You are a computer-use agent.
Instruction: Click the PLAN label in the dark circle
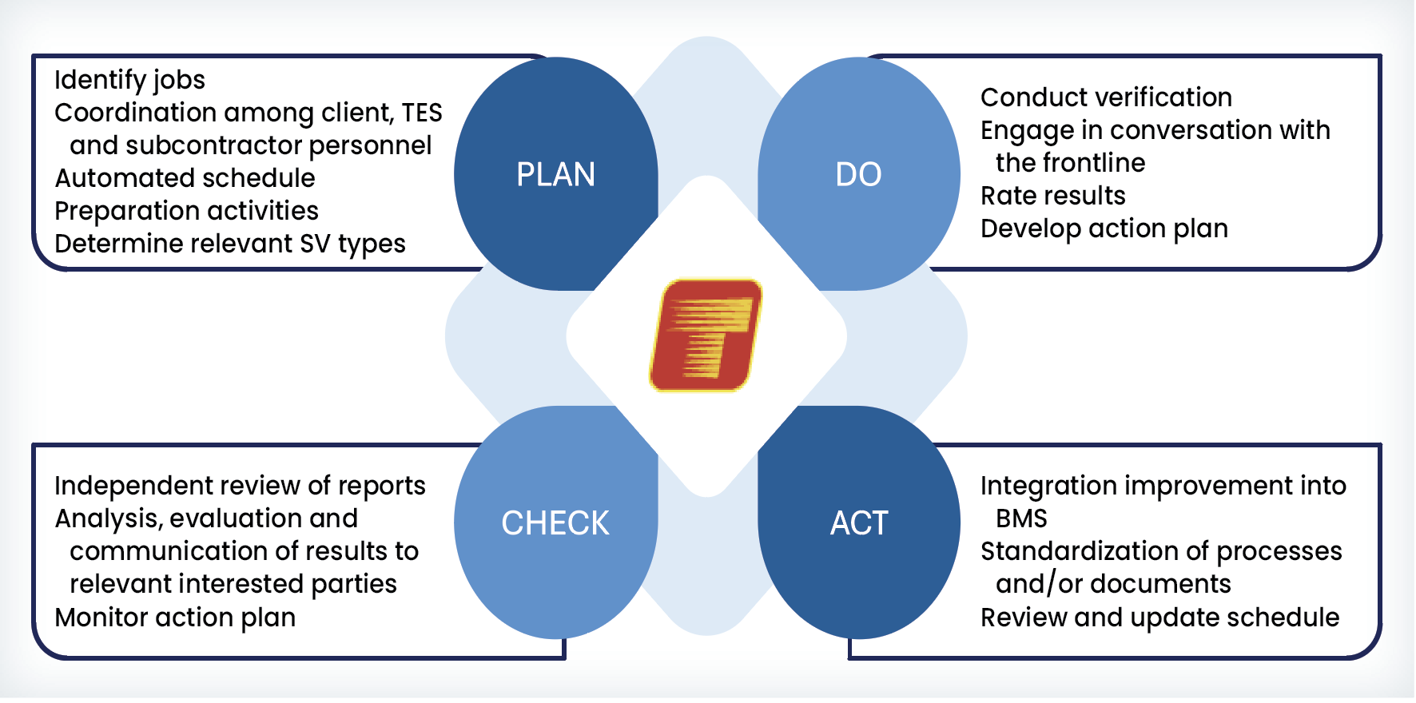(x=555, y=174)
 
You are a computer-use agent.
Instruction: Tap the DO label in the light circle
(x=858, y=174)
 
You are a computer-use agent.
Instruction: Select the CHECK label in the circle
(x=555, y=523)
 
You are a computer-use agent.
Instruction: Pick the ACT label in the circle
(x=859, y=523)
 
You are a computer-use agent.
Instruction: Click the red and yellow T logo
(x=706, y=335)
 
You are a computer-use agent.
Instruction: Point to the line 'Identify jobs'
(x=129, y=81)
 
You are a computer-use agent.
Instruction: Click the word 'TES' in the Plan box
(x=422, y=113)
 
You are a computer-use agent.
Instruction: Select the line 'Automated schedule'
(x=185, y=177)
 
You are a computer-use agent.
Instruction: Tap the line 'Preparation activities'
(x=186, y=211)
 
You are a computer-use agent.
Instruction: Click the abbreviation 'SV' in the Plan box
(x=315, y=244)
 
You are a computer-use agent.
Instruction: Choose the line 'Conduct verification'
(x=1106, y=97)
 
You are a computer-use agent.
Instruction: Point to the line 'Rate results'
(x=1052, y=196)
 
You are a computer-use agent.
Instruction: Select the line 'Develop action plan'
(x=1104, y=229)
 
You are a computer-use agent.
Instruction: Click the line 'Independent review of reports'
(x=240, y=486)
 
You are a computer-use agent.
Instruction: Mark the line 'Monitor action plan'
(x=175, y=618)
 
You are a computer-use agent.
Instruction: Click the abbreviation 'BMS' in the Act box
(x=1021, y=518)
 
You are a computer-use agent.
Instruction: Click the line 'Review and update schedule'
(x=1159, y=618)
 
